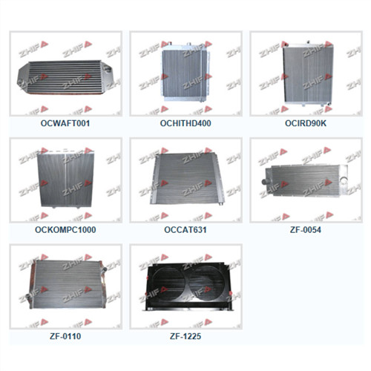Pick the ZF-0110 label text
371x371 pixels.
(65, 336)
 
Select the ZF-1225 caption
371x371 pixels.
(185, 336)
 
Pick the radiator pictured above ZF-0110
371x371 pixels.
(65, 288)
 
